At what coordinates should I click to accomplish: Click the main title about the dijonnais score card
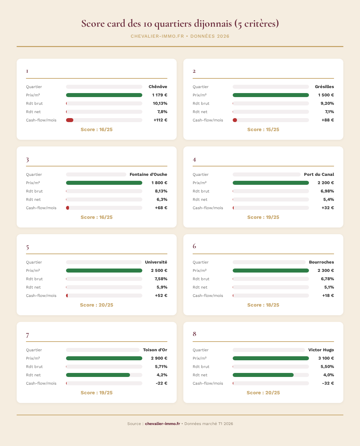[x=180, y=24]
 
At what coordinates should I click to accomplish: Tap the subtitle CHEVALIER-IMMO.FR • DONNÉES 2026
[x=180, y=36]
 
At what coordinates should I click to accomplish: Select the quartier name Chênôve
[x=158, y=87]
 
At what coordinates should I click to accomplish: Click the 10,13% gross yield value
[x=160, y=103]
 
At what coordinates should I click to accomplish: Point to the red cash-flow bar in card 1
[x=70, y=120]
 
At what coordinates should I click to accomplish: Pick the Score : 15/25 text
[x=263, y=129]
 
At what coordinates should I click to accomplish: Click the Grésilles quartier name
[x=324, y=87]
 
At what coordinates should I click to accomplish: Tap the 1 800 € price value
[x=159, y=183]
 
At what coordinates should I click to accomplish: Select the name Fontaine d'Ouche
[x=148, y=174]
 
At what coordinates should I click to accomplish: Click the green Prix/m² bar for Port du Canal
[x=271, y=183]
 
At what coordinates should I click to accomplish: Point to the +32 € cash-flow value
[x=328, y=208]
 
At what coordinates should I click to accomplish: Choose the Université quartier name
[x=156, y=262]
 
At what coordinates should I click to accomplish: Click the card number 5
[x=28, y=248]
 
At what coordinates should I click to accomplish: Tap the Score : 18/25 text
[x=263, y=305]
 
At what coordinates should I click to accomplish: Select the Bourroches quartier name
[x=321, y=262]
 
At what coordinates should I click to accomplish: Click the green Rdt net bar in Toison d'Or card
[x=98, y=375]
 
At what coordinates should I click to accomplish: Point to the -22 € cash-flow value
[x=161, y=383]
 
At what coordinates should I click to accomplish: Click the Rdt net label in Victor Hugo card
[x=200, y=375]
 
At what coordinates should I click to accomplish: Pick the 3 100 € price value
[x=326, y=358]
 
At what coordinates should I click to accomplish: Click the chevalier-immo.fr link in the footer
[x=162, y=424]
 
